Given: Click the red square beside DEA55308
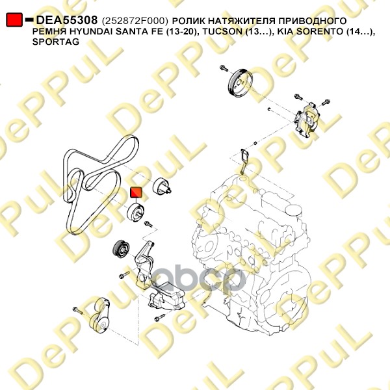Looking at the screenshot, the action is pos(14,19).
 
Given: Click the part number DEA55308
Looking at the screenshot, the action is pos(67,20).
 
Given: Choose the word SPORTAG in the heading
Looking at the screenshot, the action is pos(56,42).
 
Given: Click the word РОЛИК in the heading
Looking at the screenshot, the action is pos(188,21).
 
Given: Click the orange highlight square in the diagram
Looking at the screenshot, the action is pos(136,192).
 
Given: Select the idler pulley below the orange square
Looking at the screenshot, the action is pos(136,213).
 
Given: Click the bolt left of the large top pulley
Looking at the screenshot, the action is pos(224,68).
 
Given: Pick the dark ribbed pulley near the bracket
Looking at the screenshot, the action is pos(121,250).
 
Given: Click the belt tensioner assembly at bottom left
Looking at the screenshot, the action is pos(99,315).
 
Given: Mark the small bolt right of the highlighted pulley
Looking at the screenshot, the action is pos(148,224).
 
